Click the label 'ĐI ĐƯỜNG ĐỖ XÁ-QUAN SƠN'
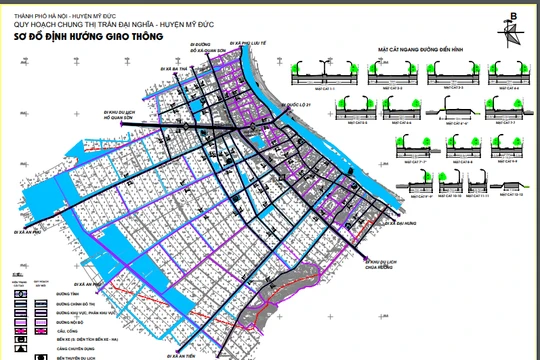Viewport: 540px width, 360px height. (204, 49)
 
